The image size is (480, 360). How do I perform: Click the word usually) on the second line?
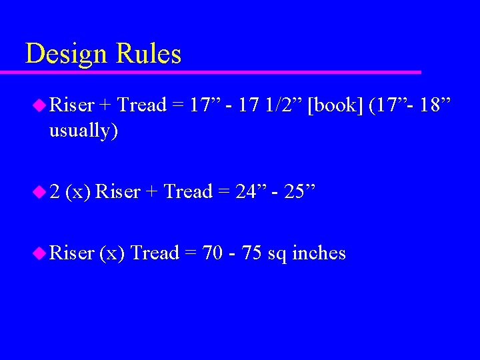[83, 131]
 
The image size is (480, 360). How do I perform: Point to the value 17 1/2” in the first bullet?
[266, 105]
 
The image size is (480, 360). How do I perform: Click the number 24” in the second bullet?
[251, 192]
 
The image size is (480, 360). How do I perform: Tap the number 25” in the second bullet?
[303, 192]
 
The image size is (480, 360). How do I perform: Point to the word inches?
[319, 253]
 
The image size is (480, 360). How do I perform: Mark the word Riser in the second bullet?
[118, 192]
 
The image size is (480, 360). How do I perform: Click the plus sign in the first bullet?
[105, 106]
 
